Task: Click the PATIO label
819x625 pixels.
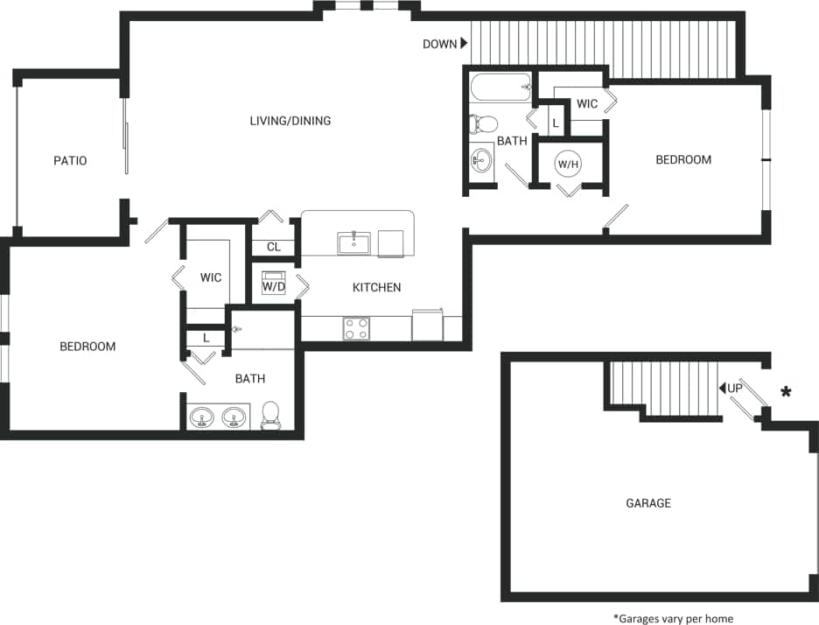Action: click(70, 161)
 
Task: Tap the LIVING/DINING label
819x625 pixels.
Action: click(290, 121)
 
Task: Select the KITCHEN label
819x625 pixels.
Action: click(376, 287)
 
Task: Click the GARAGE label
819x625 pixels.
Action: click(648, 503)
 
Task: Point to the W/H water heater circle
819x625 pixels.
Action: click(569, 164)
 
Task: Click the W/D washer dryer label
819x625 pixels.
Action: click(274, 286)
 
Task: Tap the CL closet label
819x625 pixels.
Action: click(274, 247)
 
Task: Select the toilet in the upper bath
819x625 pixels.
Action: click(483, 123)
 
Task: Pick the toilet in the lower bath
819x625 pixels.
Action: click(270, 414)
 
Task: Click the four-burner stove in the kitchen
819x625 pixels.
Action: click(356, 328)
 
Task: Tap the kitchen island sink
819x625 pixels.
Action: click(354, 242)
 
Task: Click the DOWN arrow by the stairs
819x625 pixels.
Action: click(465, 44)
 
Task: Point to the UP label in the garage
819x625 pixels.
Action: click(733, 388)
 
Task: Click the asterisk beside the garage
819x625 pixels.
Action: click(786, 392)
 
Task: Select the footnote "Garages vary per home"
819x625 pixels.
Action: click(673, 619)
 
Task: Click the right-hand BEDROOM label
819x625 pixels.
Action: click(683, 160)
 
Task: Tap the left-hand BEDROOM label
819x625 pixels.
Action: click(87, 347)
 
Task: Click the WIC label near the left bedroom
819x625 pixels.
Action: click(211, 277)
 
